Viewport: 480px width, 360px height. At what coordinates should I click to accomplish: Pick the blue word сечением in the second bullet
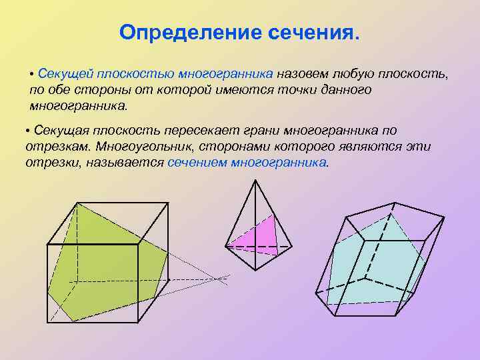[197, 162]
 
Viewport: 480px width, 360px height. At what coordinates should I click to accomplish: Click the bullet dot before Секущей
[32, 73]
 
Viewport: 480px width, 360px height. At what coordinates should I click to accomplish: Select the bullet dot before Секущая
[28, 130]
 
